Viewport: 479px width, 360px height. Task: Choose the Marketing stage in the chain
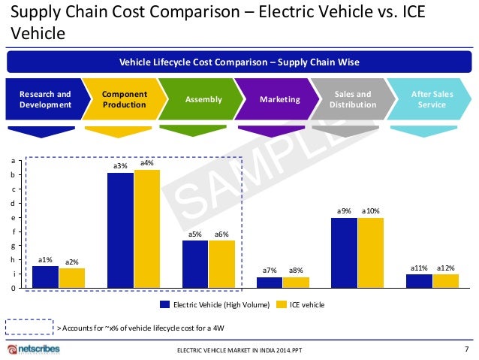tap(279, 99)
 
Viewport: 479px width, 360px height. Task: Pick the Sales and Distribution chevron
tap(352, 99)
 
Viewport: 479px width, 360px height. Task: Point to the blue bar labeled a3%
tap(120, 230)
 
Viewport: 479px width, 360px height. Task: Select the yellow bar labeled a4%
tap(147, 228)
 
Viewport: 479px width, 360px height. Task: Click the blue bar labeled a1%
tap(45, 277)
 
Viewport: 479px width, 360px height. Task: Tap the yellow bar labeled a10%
tap(371, 253)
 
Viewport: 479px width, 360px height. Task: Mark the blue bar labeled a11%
tap(419, 280)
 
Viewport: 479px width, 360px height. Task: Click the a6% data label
tap(221, 234)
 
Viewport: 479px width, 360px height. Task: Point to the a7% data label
tap(270, 270)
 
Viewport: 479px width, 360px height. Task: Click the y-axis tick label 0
tap(20, 288)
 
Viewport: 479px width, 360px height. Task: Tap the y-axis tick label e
tap(20, 217)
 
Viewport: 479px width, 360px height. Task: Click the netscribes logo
tap(36, 349)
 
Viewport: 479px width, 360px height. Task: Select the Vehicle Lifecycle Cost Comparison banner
tap(239, 61)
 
